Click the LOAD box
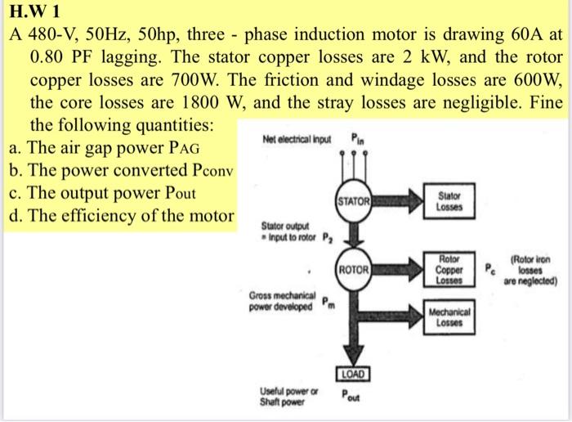(x=352, y=375)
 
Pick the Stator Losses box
(x=449, y=201)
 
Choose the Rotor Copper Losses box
(x=451, y=268)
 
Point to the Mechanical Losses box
(x=449, y=316)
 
